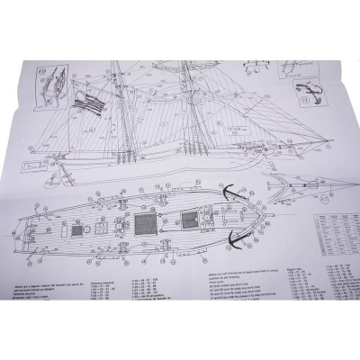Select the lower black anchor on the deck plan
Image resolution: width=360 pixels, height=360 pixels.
click(234, 236)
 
